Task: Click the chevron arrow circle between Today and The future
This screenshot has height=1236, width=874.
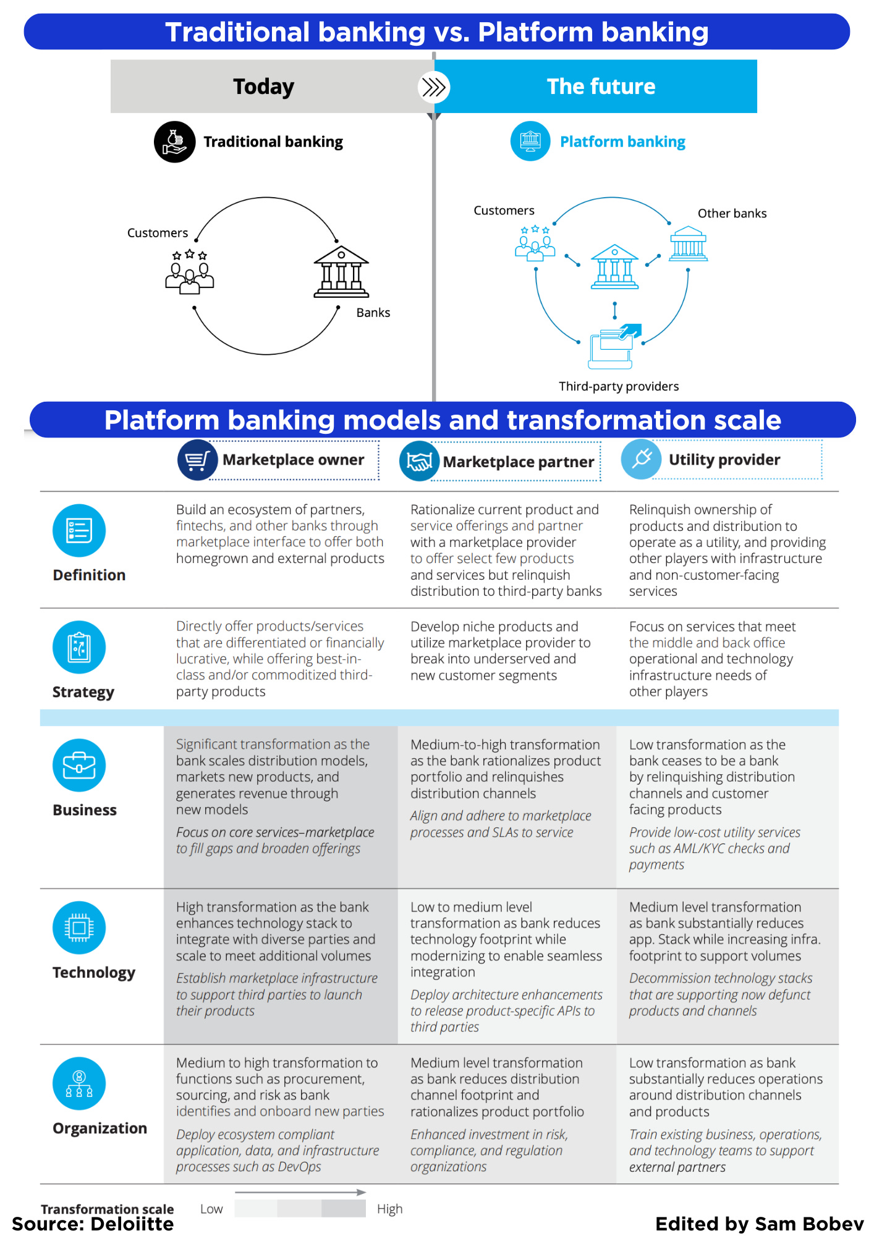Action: (433, 87)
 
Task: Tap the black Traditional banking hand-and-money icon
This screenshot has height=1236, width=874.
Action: (175, 142)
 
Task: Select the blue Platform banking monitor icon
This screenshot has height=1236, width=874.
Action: (530, 141)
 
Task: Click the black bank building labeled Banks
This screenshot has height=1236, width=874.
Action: (341, 272)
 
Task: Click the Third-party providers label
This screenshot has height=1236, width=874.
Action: (619, 386)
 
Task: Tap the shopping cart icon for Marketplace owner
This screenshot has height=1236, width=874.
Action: (197, 460)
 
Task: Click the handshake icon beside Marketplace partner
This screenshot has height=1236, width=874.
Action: (419, 461)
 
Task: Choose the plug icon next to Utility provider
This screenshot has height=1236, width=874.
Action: (642, 459)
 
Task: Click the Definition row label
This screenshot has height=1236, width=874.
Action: (89, 575)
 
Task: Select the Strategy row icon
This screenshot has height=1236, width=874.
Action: (79, 647)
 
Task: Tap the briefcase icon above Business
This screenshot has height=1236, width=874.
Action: (79, 765)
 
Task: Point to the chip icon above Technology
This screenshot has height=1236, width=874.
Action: (79, 928)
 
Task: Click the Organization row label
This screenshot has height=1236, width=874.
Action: (100, 1128)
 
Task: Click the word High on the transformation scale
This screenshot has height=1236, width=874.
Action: (389, 1209)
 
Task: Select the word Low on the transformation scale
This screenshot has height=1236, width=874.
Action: (211, 1209)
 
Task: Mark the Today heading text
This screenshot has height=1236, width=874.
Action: (263, 87)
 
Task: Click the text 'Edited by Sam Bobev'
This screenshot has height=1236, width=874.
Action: (759, 1224)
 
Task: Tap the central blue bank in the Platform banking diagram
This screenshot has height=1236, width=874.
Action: (614, 266)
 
